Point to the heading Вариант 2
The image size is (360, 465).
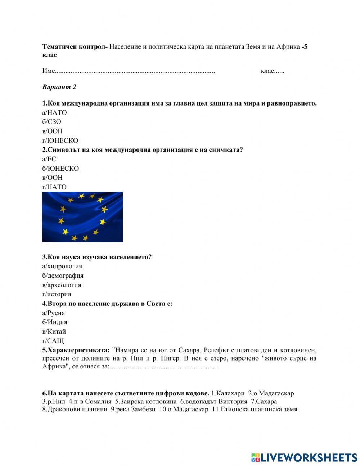point(59,87)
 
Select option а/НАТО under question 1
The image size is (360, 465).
point(54,113)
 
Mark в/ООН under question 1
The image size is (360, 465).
point(52,131)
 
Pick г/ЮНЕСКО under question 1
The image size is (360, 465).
point(60,141)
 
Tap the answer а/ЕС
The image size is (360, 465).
point(49,159)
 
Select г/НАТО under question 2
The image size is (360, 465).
point(54,187)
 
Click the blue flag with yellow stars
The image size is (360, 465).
point(82,217)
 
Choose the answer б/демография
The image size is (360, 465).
point(63,276)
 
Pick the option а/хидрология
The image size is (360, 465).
point(62,267)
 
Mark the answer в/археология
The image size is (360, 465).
point(62,285)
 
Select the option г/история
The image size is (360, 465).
point(57,294)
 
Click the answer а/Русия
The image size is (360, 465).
point(54,313)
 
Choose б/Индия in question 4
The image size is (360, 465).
point(55,322)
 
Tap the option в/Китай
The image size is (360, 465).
point(54,332)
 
